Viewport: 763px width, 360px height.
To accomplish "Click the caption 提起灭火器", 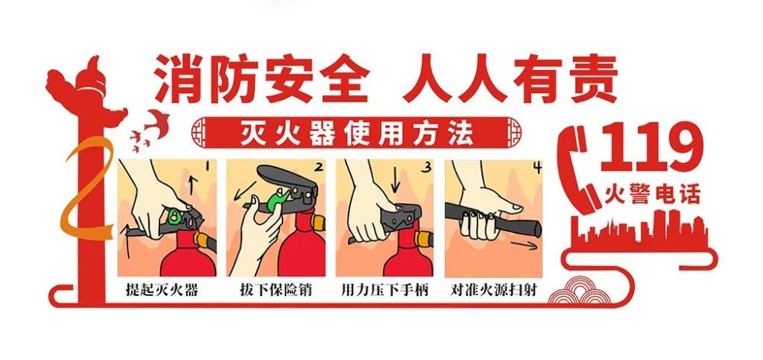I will click(x=162, y=290).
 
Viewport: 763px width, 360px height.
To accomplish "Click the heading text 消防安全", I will click(x=259, y=79).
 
